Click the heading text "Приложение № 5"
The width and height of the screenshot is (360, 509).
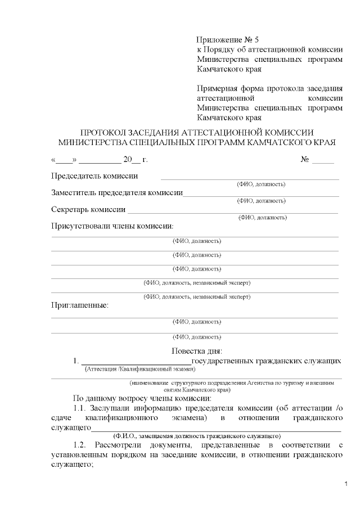pyautogui.click(x=228, y=40)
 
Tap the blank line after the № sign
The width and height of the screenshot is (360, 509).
pyautogui.click(x=323, y=161)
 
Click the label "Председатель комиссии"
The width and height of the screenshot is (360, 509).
pyautogui.click(x=94, y=175)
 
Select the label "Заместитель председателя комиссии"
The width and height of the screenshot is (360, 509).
pyautogui.click(x=117, y=193)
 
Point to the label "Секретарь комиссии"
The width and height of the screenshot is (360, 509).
pyautogui.click(x=88, y=209)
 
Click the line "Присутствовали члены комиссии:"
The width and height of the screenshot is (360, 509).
pyautogui.click(x=112, y=226)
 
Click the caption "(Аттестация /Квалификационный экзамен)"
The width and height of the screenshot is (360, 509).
pyautogui.click(x=139, y=370)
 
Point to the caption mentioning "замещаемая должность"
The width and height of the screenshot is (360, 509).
pyautogui.click(x=196, y=436)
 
